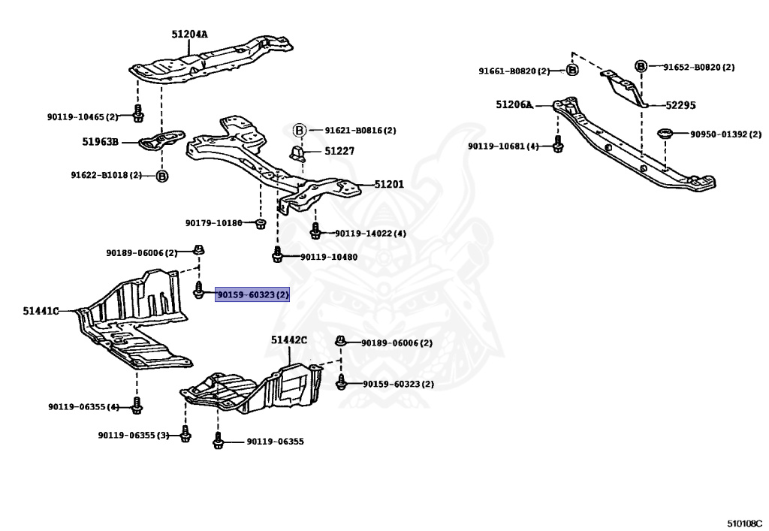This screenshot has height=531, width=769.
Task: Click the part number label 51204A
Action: point(189,35)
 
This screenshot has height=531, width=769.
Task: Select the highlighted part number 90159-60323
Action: point(252,294)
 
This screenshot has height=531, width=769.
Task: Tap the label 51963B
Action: point(100,142)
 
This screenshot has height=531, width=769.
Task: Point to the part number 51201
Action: point(389,184)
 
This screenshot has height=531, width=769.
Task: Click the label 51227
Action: point(339,151)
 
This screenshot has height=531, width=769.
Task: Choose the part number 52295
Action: point(680,105)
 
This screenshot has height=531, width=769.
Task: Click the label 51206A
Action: point(514,104)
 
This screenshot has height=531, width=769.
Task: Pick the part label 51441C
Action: point(41,311)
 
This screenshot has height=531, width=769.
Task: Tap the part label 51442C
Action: point(289,339)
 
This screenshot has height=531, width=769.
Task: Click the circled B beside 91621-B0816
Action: point(299,131)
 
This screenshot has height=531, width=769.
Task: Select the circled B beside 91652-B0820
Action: point(641,66)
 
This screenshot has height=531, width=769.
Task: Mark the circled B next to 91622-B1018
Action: point(162,176)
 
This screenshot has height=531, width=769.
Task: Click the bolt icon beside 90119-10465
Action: point(138,113)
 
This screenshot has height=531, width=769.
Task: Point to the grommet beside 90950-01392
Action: point(665,134)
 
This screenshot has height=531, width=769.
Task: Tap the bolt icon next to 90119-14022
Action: point(315,231)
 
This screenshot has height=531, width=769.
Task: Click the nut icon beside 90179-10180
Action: point(261,224)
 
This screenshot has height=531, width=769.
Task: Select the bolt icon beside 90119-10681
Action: point(558,144)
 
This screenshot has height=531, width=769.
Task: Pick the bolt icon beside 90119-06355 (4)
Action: point(137,406)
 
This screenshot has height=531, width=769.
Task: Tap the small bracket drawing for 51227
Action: point(297,153)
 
